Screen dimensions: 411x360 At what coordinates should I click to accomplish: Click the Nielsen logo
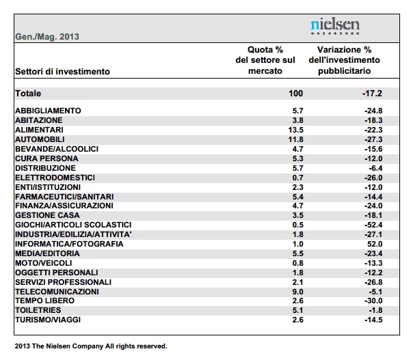pyautogui.click(x=335, y=27)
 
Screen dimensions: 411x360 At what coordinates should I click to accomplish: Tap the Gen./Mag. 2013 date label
pyautogui.click(x=47, y=37)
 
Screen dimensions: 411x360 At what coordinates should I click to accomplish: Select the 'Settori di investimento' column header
pyautogui.click(x=62, y=72)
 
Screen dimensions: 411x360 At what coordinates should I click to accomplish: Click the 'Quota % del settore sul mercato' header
pyautogui.click(x=265, y=60)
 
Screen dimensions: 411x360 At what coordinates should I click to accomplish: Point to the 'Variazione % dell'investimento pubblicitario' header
pyautogui.click(x=345, y=60)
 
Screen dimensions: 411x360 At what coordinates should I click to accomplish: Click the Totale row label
pyautogui.click(x=28, y=94)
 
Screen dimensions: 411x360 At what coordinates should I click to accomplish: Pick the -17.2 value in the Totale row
pyautogui.click(x=372, y=94)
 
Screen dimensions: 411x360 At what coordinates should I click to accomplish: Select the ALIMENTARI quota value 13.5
pyautogui.click(x=296, y=130)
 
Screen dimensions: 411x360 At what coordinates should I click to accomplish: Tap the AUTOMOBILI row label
pyautogui.click(x=40, y=139)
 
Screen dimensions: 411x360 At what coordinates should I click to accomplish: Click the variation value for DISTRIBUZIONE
pyautogui.click(x=375, y=168)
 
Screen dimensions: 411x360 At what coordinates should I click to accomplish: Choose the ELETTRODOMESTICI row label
pyautogui.click(x=55, y=178)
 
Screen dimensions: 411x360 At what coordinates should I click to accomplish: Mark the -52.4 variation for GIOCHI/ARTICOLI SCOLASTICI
pyautogui.click(x=373, y=225)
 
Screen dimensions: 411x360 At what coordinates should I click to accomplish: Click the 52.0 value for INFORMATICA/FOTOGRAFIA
pyautogui.click(x=375, y=244)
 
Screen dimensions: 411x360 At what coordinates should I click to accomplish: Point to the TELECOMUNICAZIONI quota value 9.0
pyautogui.click(x=297, y=292)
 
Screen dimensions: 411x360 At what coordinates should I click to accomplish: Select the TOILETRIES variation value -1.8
pyautogui.click(x=375, y=310)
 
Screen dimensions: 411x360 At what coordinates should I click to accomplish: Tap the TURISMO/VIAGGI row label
pyautogui.click(x=48, y=320)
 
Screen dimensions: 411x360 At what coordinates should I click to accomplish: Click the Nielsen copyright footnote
pyautogui.click(x=91, y=346)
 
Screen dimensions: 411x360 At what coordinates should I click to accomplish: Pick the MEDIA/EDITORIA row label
pyautogui.click(x=47, y=253)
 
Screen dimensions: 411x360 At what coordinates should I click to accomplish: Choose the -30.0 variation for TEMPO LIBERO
pyautogui.click(x=373, y=301)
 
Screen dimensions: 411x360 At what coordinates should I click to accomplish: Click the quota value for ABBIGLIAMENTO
pyautogui.click(x=298, y=111)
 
